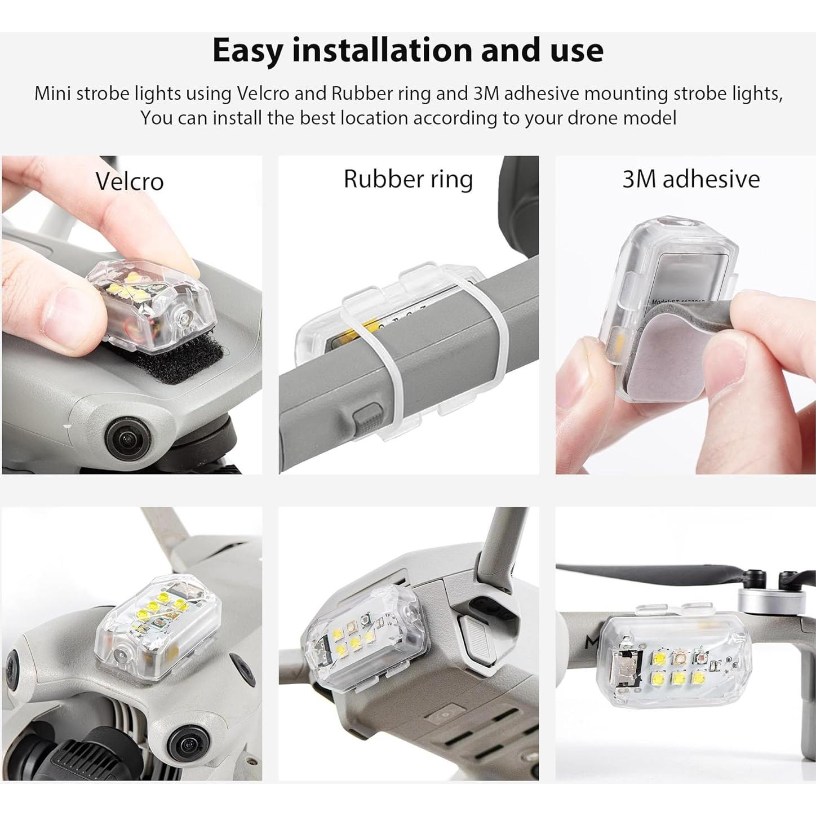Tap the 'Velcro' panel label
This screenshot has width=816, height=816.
tap(130, 181)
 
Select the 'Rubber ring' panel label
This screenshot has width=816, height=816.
tap(408, 179)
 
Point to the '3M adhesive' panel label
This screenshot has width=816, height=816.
tap(691, 179)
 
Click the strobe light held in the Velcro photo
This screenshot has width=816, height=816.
tap(152, 304)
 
